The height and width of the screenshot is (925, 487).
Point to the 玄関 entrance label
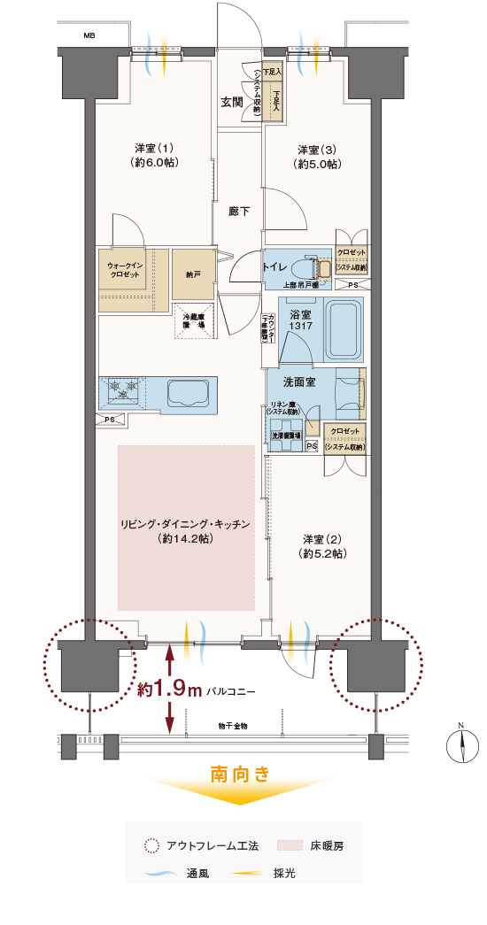click(x=232, y=102)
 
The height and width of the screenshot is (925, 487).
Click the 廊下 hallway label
click(x=239, y=212)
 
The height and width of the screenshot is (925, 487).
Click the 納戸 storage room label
click(x=193, y=275)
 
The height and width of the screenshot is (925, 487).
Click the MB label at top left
click(x=89, y=36)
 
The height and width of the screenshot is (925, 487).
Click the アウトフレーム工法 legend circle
click(x=152, y=845)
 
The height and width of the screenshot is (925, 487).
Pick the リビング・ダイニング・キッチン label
click(x=186, y=531)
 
